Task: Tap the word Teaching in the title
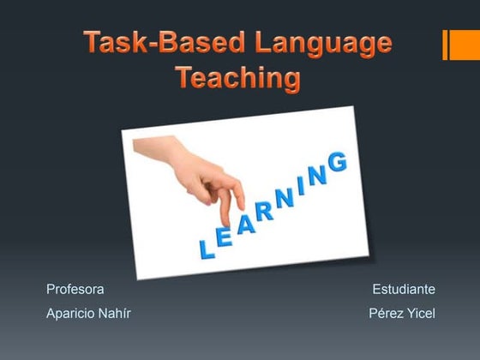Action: pos(238,78)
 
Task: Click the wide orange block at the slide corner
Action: pos(464,45)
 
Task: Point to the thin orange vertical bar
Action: pos(446,45)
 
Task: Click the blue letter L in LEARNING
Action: pos(206,249)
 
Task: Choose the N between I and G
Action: pos(318,175)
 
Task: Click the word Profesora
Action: pos(75,290)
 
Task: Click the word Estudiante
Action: pos(404,290)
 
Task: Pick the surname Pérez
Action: pos(386,314)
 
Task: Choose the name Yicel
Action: pos(421,314)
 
